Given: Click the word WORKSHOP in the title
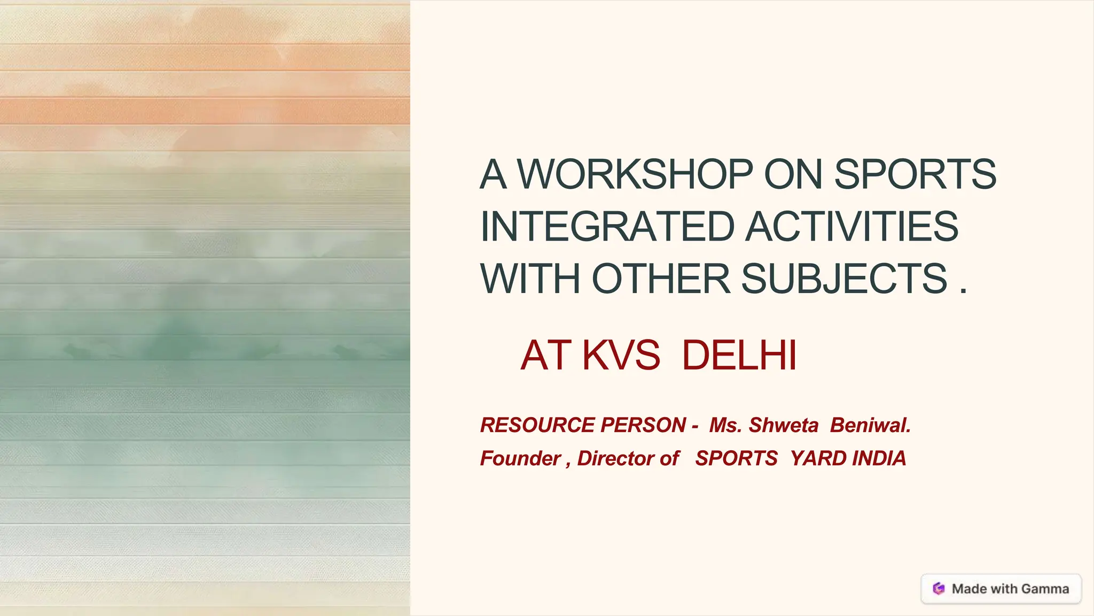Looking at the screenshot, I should tap(635, 174).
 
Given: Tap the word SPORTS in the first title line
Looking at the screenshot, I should tap(915, 174).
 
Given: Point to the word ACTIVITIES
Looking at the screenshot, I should tap(851, 227).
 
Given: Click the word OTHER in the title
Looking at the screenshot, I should tap(661, 279).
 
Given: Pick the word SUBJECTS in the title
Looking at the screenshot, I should tap(844, 279).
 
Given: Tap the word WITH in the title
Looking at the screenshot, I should tap(530, 279).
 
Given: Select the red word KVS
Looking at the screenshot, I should tap(621, 355).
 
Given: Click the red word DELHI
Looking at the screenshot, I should tap(739, 355).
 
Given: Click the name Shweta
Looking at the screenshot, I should tap(783, 425).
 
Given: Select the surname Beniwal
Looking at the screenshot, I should tap(870, 425).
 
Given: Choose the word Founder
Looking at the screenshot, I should tap(520, 458).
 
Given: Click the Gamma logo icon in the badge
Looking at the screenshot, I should tap(939, 589).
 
